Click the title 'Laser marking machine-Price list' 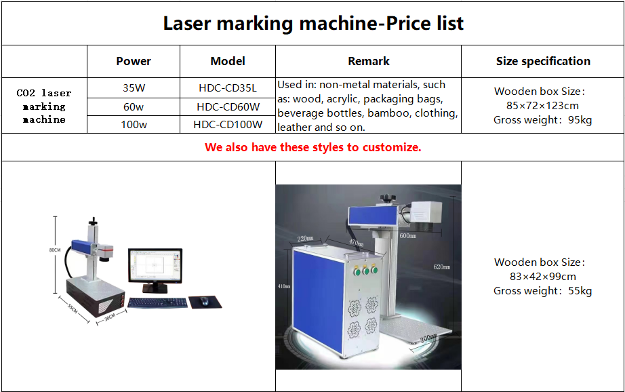313,24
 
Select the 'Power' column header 134,62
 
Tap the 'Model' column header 228,62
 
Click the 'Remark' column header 368,62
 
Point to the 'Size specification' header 543,62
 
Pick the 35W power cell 134,87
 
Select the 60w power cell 134,107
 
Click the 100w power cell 134,125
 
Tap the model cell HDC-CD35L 228,87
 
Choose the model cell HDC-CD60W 228,107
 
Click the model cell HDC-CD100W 228,125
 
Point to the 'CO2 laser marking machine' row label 44,106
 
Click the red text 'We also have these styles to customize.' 313,148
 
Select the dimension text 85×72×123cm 542,106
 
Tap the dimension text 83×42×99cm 542,276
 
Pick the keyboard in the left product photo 158,302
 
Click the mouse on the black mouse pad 204,300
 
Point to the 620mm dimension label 442,267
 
